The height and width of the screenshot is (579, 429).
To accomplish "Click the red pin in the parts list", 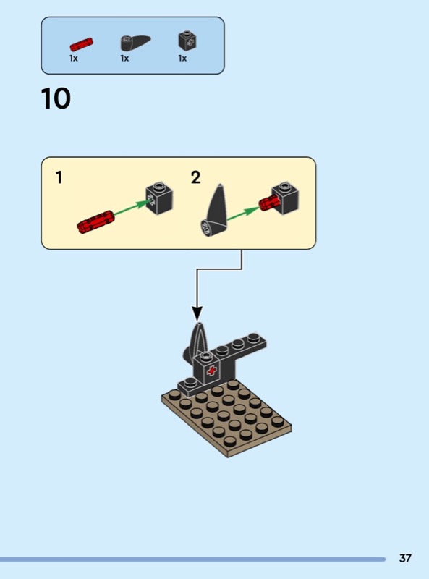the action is (82, 44).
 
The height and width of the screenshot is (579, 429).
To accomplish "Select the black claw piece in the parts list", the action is (135, 43).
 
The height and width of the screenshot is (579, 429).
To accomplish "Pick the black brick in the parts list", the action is (187, 41).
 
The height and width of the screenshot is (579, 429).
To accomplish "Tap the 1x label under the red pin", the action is (74, 59).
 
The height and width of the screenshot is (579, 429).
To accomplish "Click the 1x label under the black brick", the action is (182, 59).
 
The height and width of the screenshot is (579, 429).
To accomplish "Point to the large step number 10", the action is (56, 98).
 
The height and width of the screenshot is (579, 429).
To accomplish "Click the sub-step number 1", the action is (59, 177).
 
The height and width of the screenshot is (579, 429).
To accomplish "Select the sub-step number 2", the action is (195, 177).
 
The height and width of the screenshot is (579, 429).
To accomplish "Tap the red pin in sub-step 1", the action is (96, 222).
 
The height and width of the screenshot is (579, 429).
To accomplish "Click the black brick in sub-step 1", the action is (159, 198).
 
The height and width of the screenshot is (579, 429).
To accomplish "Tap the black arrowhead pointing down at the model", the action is (197, 313).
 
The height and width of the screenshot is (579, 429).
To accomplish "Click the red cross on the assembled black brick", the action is (211, 371).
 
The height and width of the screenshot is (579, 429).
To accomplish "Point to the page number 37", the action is (405, 558).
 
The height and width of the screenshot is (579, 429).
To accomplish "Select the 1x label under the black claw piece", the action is (124, 59).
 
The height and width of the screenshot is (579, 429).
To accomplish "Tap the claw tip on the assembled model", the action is (200, 324).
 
